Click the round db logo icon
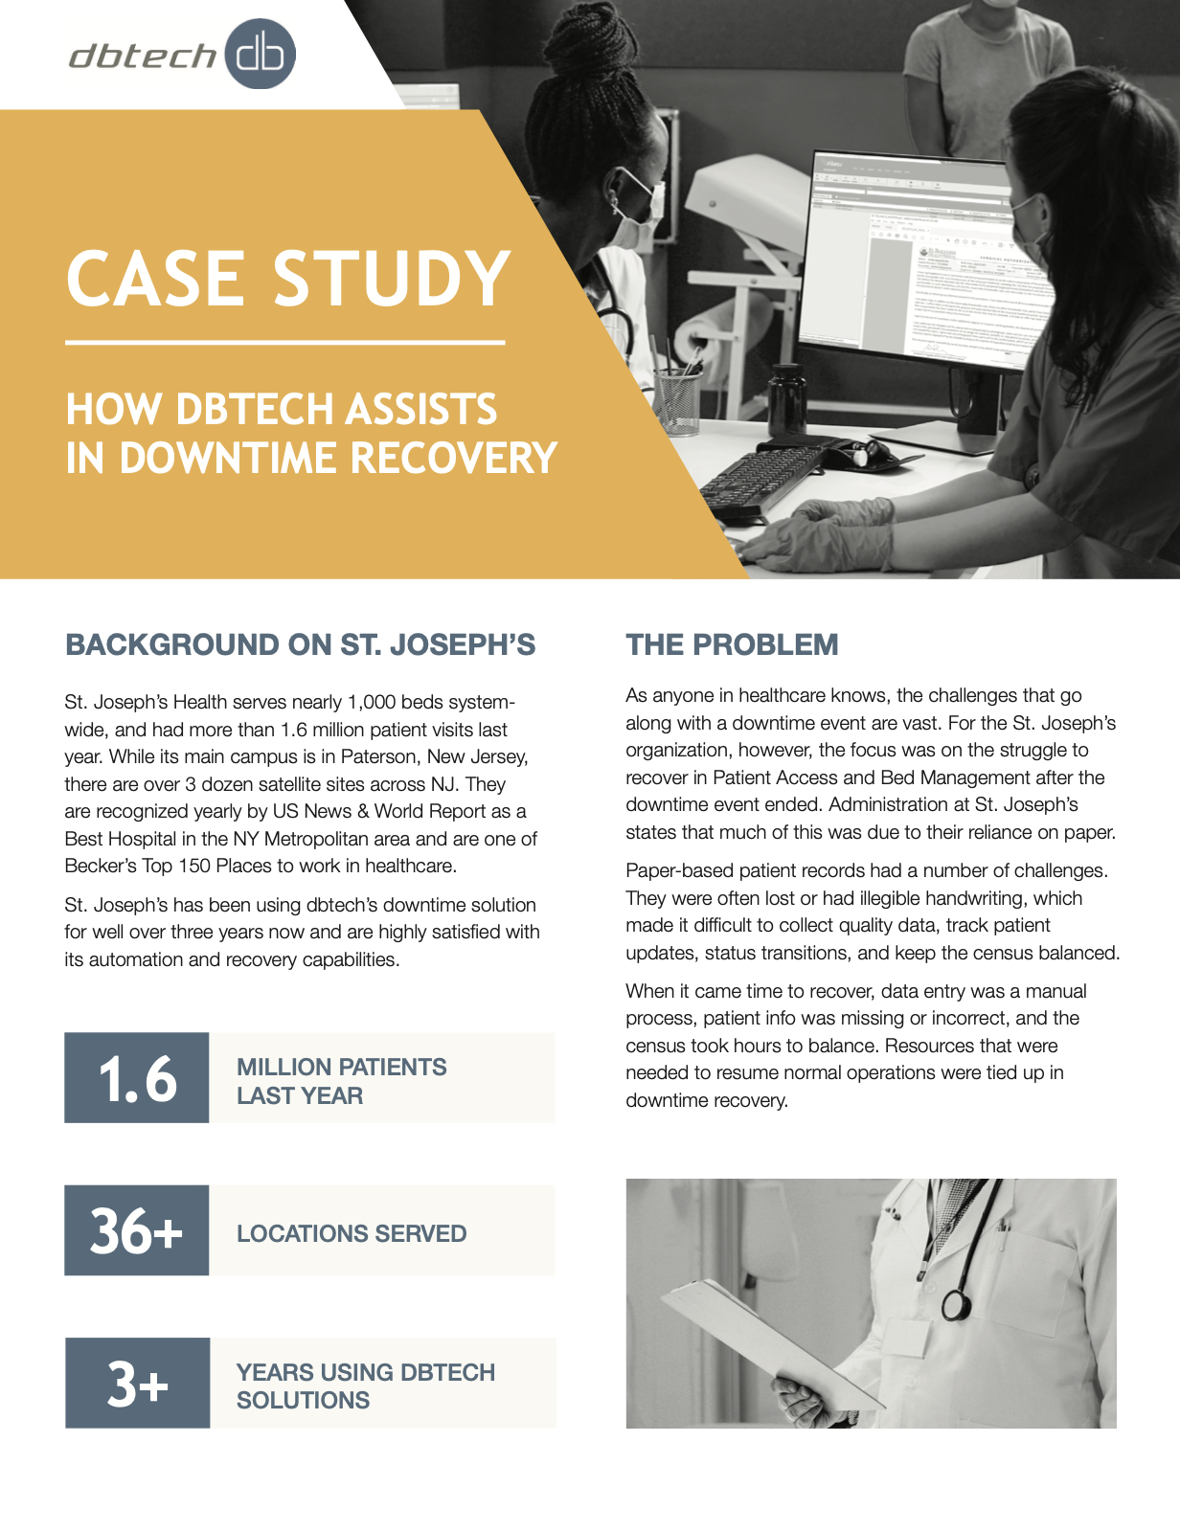click(260, 55)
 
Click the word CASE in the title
click(154, 279)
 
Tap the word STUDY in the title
click(392, 279)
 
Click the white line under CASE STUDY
click(284, 342)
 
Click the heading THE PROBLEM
click(732, 644)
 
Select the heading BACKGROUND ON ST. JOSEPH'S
click(300, 644)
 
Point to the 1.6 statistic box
click(137, 1078)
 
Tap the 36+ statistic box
click(137, 1230)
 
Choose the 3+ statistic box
click(137, 1384)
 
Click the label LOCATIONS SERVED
click(352, 1233)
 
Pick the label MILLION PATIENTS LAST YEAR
click(341, 1081)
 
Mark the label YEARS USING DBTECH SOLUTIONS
click(365, 1386)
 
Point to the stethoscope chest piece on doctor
click(955, 1304)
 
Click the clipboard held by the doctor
click(766, 1340)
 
